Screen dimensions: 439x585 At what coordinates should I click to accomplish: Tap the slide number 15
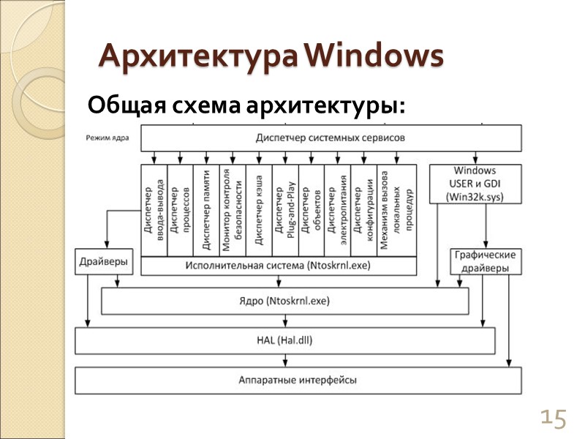point(553,419)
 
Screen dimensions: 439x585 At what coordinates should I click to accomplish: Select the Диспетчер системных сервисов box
point(331,138)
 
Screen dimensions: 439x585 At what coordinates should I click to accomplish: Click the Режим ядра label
point(107,137)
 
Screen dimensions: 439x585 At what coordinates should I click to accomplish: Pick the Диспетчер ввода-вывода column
point(154,211)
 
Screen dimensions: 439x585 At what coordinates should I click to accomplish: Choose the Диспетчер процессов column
point(180,211)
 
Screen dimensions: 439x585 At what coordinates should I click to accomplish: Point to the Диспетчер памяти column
point(206,211)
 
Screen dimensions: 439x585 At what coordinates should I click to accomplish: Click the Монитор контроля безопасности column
point(233,211)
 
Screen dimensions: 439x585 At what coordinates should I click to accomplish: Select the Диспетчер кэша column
point(259,211)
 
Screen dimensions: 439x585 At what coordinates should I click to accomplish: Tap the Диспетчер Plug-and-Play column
point(285,211)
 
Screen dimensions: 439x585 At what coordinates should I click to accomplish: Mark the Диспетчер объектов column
point(312,211)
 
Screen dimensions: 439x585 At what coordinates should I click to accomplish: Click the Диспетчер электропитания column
point(337,211)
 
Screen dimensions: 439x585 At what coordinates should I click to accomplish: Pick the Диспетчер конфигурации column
point(363,211)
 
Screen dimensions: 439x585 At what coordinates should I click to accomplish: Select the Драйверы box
point(104,261)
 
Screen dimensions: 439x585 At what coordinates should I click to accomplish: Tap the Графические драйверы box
point(486,261)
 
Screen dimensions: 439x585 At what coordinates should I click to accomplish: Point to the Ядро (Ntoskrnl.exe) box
point(284,301)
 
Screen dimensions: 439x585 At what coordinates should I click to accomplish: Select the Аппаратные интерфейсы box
point(298,380)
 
